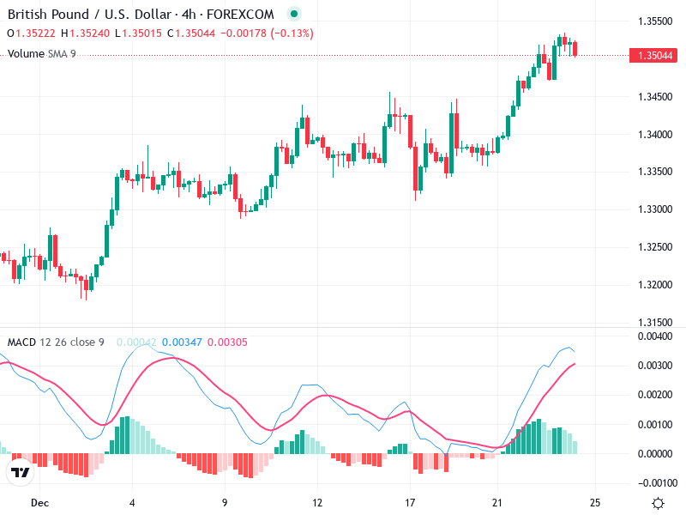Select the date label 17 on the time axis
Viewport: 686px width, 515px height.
click(410, 502)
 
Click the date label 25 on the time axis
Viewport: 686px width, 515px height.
click(595, 502)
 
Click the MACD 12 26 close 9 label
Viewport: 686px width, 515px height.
click(56, 342)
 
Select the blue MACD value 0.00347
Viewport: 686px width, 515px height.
click(181, 342)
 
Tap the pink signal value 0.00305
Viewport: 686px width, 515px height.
click(227, 342)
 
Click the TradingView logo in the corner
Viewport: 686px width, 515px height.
click(20, 472)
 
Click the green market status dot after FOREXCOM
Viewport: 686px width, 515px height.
click(295, 15)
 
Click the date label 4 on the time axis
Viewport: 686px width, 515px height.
click(132, 502)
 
